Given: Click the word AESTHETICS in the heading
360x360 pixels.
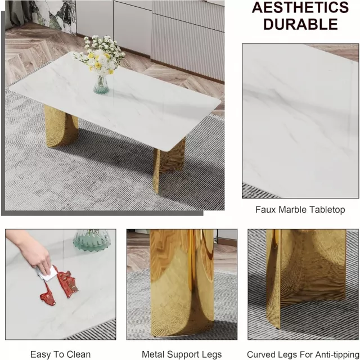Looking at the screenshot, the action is (x=300, y=7).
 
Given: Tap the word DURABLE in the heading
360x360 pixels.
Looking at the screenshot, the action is (x=300, y=24).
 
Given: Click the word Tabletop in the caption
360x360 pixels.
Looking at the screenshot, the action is (x=327, y=210).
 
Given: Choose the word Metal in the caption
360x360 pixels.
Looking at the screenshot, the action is (x=152, y=354).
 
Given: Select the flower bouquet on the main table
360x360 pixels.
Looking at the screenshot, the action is (x=100, y=56).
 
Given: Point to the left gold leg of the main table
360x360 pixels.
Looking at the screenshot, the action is (x=61, y=126).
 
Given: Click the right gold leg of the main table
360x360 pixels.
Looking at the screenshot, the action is (x=169, y=164).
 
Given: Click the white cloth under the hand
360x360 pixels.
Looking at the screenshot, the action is (x=48, y=274).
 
